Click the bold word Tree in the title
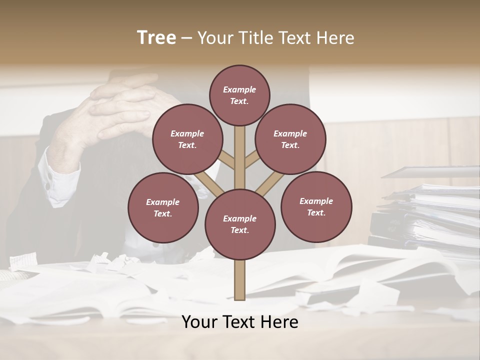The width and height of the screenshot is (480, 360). pos(156,37)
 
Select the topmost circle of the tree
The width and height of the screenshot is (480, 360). pos(239,95)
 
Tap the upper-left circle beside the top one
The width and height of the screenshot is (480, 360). pos(187,139)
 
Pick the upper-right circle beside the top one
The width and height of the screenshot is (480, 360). pos(290,139)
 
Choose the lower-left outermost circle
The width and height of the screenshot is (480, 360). pos(163,207)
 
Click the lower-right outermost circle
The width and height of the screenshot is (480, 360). pos(316,206)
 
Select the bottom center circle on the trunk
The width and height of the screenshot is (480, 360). pos(240,224)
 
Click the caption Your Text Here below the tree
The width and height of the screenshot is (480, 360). pos(240,322)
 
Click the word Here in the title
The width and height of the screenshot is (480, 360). pos(336,38)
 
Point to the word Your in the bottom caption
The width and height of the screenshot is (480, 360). pos(199,322)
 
